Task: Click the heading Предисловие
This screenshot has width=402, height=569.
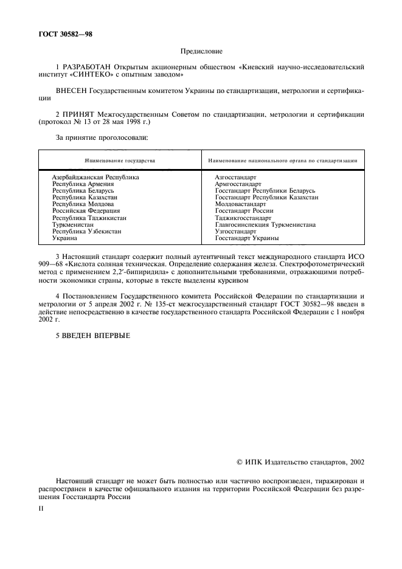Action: click(x=201, y=52)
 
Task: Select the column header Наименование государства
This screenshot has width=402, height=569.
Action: click(x=120, y=160)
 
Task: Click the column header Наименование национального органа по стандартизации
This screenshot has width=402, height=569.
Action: click(x=282, y=160)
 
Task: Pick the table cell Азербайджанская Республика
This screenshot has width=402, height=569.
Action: click(x=95, y=177)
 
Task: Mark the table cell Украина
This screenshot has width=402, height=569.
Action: click(x=64, y=238)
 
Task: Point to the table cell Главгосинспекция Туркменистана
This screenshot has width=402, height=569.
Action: click(x=265, y=224)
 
